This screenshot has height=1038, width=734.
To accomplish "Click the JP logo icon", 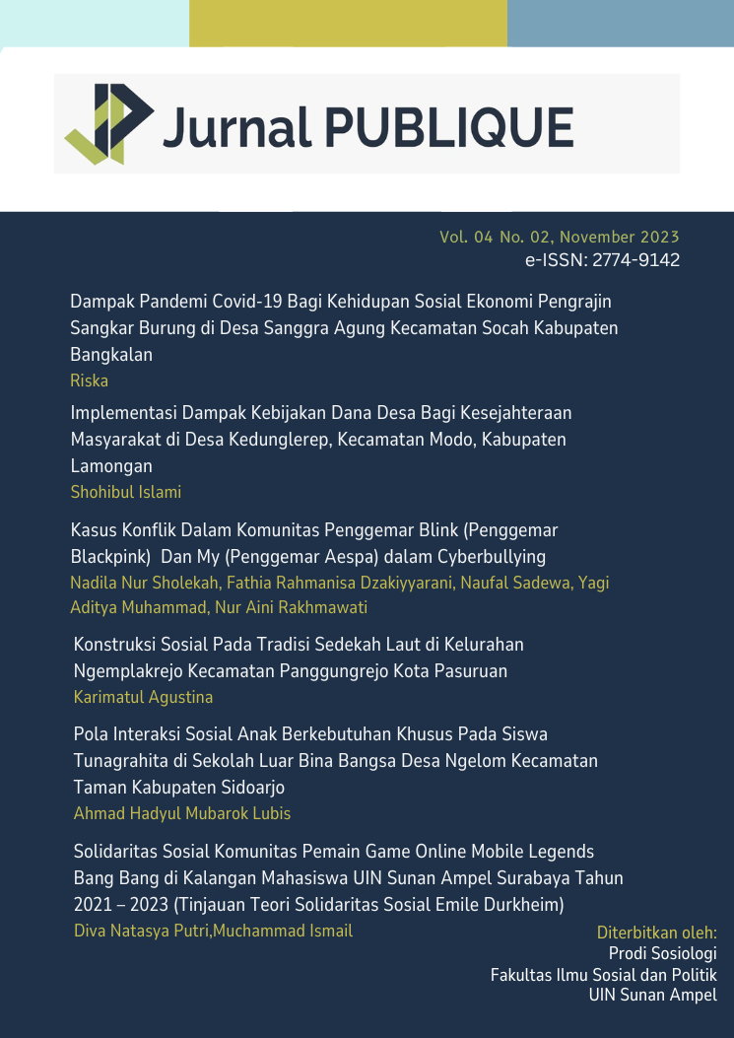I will [x=109, y=124].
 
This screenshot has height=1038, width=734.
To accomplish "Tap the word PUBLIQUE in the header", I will [x=448, y=127].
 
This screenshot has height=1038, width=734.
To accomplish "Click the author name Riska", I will [x=89, y=381].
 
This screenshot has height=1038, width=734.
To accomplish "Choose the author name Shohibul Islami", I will [x=126, y=492].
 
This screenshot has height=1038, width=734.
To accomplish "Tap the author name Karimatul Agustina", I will [x=143, y=697].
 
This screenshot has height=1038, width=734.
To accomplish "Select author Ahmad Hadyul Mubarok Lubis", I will [x=182, y=813].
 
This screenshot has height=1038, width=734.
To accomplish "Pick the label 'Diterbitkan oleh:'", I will [x=656, y=933].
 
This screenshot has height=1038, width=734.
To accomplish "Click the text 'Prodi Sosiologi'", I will [x=662, y=953].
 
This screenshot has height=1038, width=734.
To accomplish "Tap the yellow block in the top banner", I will [x=348, y=23].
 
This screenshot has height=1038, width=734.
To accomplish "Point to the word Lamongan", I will [x=111, y=465].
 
